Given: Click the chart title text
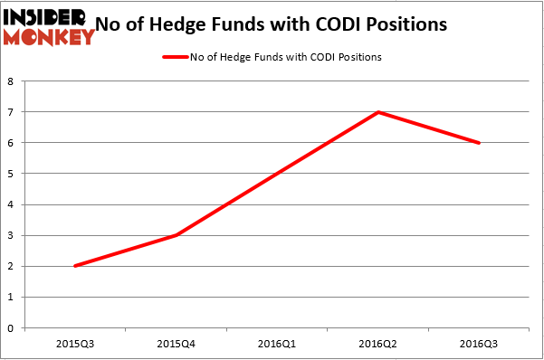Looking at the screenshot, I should (x=282, y=24).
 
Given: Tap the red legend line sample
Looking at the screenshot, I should (x=175, y=57).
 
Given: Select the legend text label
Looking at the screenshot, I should (x=285, y=57).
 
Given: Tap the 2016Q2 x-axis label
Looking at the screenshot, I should (x=378, y=344).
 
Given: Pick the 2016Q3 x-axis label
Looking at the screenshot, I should (x=477, y=344).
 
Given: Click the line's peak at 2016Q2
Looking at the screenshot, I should (x=378, y=112).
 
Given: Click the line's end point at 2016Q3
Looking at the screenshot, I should (x=477, y=143).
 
